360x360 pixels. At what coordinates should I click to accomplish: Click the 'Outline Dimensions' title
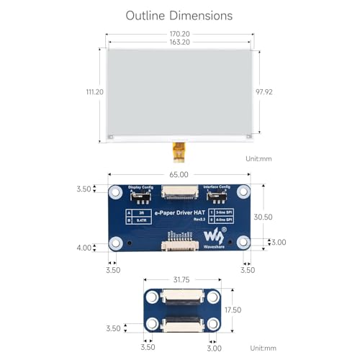(179, 15)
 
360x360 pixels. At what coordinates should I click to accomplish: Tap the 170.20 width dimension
(179, 33)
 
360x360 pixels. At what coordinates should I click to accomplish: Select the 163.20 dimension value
(179, 42)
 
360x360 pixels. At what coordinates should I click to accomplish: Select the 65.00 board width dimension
(179, 174)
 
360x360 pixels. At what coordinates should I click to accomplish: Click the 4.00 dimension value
(84, 248)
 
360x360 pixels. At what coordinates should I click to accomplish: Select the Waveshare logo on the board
(213, 235)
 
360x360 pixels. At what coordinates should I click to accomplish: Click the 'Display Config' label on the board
(141, 186)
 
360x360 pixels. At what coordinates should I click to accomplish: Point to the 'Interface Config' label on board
(216, 186)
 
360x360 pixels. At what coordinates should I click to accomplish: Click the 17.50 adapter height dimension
(251, 310)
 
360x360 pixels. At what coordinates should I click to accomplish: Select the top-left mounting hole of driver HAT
(116, 192)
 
